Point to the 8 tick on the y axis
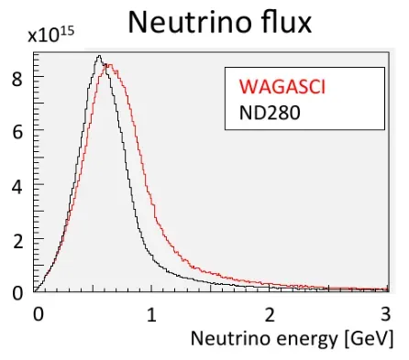tap(17, 79)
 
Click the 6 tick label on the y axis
tap(17, 132)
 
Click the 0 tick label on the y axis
tap(17, 292)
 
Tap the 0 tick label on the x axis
tap(38, 312)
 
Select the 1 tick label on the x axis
tap(152, 312)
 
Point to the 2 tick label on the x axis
tap(270, 312)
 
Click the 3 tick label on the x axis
tap(385, 312)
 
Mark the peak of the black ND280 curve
tap(99, 57)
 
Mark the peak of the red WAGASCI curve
tap(107, 64)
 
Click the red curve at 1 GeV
tap(153, 180)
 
